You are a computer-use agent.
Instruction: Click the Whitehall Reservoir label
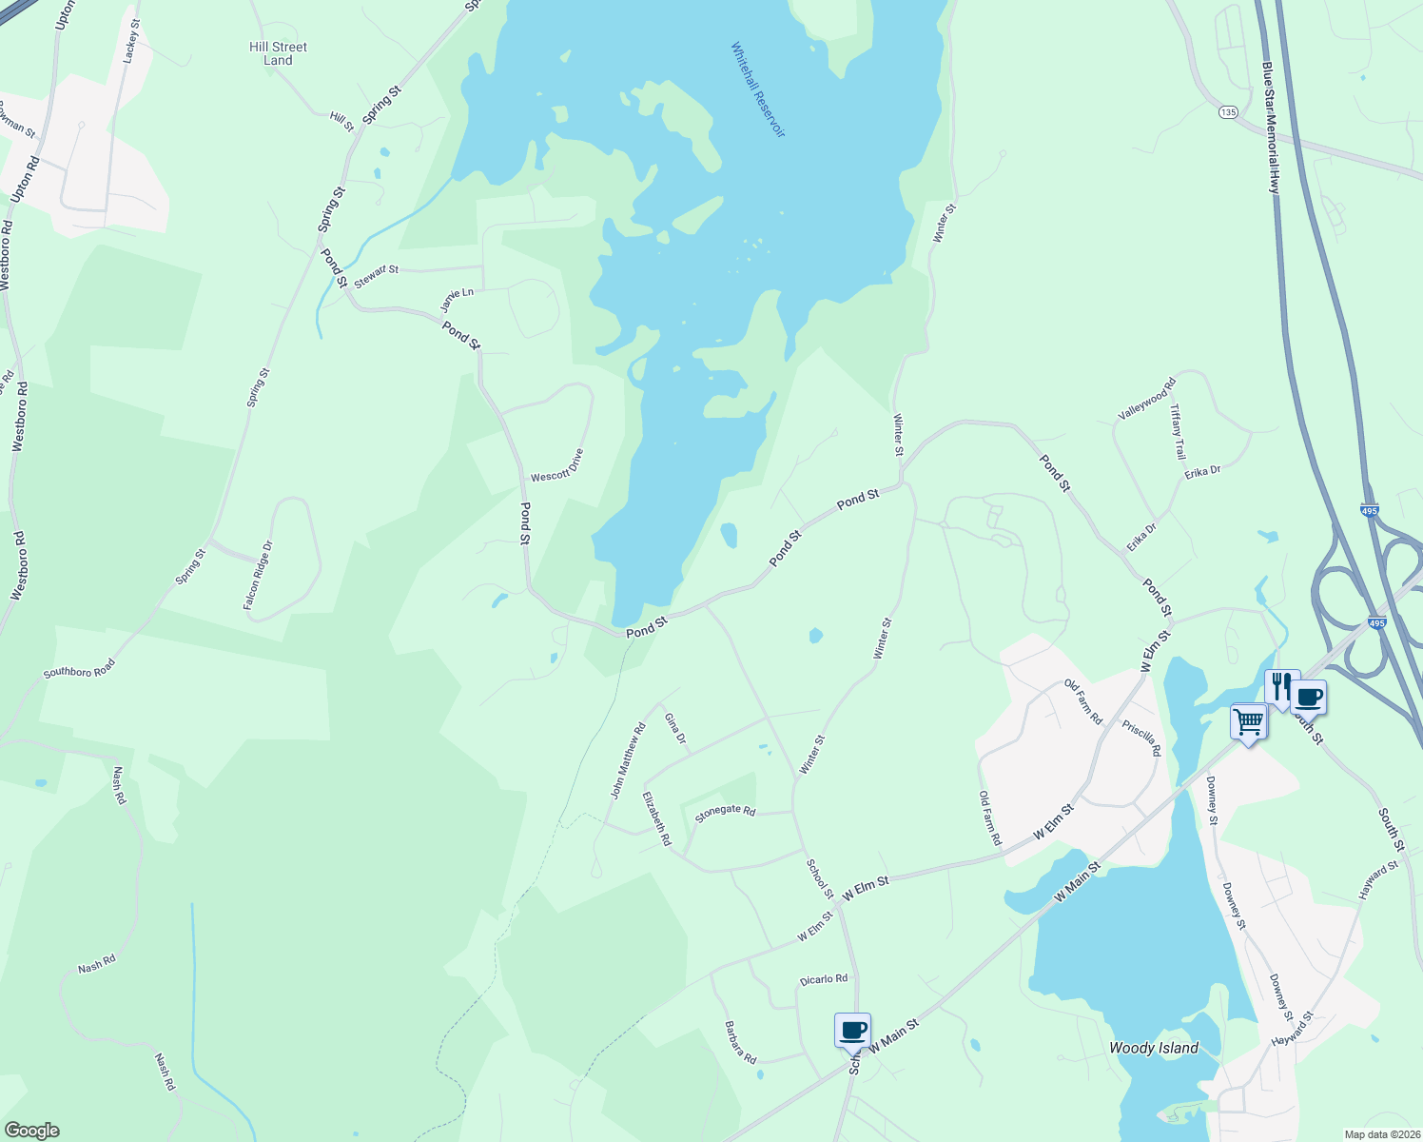pyautogui.click(x=758, y=89)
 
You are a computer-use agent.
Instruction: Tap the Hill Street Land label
pyautogui.click(x=278, y=53)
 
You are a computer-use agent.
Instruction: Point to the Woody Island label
pyautogui.click(x=1153, y=1048)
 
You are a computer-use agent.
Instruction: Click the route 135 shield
pyautogui.click(x=1228, y=112)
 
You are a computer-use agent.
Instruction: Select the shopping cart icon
pyautogui.click(x=1248, y=721)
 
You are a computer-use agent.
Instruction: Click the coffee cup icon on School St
pyautogui.click(x=852, y=1030)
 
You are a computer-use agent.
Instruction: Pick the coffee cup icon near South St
pyautogui.click(x=1310, y=698)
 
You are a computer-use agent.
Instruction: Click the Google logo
pyautogui.click(x=31, y=1130)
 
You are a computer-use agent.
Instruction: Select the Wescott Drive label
pyautogui.click(x=556, y=465)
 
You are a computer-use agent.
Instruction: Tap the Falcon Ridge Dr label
pyautogui.click(x=258, y=575)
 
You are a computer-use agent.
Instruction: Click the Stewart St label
pyautogui.click(x=376, y=277)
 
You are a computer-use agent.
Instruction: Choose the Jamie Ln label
pyautogui.click(x=457, y=300)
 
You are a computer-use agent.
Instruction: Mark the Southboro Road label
pyautogui.click(x=79, y=668)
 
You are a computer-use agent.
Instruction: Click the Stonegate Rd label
pyautogui.click(x=725, y=812)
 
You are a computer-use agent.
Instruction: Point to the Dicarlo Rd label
pyautogui.click(x=824, y=979)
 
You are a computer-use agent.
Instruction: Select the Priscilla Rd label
pyautogui.click(x=1141, y=738)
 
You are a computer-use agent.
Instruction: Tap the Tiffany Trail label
pyautogui.click(x=1178, y=431)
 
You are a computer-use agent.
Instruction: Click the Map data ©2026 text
pyautogui.click(x=1381, y=1134)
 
